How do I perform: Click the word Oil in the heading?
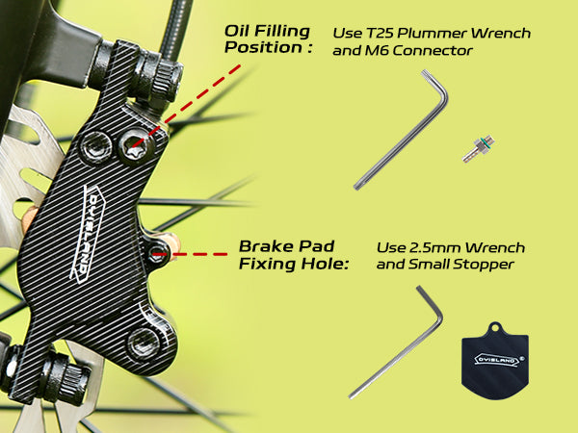click(237, 31)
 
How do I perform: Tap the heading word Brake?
click(262, 246)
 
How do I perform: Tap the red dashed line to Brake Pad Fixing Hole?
click(202, 254)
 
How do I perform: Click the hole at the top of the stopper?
click(498, 327)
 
